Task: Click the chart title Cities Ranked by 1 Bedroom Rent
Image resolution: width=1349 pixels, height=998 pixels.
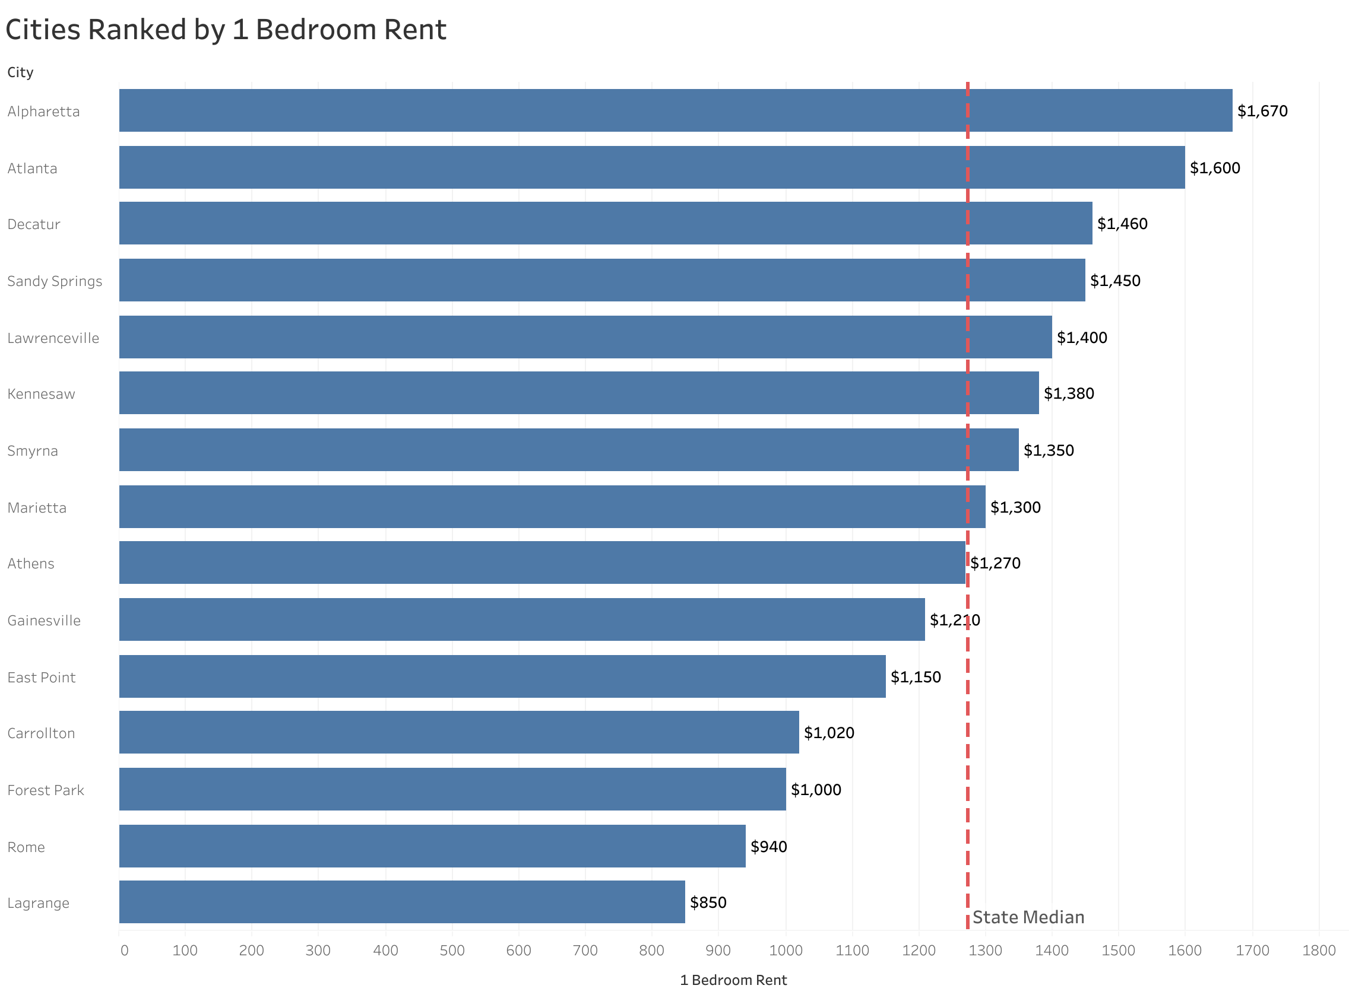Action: tap(226, 30)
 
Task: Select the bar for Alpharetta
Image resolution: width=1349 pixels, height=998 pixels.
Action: tap(675, 110)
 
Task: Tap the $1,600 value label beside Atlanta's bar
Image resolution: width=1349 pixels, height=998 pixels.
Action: tap(1214, 168)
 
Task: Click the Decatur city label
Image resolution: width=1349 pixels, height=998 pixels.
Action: tap(34, 225)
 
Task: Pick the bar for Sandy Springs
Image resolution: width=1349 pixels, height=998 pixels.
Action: tap(601, 280)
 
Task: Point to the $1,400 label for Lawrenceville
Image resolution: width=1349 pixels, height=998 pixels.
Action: tap(1081, 338)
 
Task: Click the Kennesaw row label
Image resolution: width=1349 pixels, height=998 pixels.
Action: tap(41, 395)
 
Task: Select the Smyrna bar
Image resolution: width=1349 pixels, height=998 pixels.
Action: tap(568, 450)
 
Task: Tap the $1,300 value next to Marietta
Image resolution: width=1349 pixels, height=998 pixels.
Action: tap(1015, 507)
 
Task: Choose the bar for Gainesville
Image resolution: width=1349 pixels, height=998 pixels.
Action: tap(521, 620)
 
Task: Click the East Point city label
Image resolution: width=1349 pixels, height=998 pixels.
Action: tap(41, 678)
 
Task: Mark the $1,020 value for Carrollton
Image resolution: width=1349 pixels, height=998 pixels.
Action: tap(829, 733)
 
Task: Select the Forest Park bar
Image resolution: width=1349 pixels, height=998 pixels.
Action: tap(452, 790)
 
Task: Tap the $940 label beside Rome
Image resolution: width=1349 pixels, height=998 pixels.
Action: tap(768, 847)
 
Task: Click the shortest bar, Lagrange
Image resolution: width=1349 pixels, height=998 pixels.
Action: tap(401, 902)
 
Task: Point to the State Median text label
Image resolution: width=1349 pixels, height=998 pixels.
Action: tap(1027, 918)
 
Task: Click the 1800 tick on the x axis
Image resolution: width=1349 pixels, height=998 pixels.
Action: tap(1318, 951)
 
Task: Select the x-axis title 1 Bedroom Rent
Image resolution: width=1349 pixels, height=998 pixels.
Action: tap(733, 980)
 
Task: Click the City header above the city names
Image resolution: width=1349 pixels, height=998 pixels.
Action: tap(20, 72)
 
